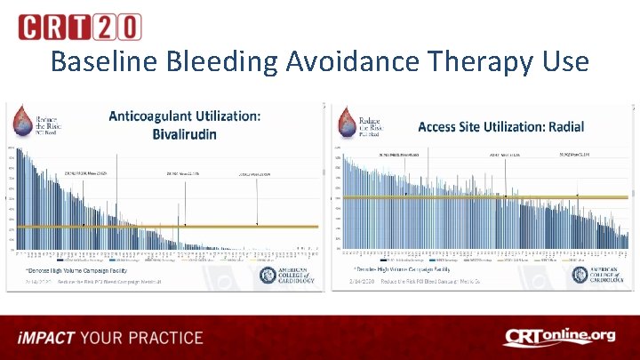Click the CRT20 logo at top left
coord(79,27)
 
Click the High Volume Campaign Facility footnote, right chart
coord(400,267)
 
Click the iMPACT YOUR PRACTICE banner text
coord(109,338)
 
